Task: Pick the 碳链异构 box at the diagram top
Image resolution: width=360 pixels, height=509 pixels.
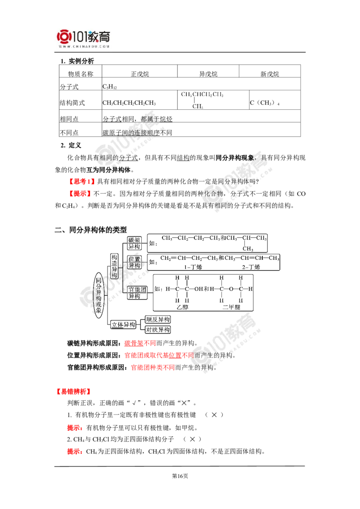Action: (135, 242)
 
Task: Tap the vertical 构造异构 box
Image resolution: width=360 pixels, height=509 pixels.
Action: (114, 266)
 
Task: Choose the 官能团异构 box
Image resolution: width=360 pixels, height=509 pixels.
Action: (137, 292)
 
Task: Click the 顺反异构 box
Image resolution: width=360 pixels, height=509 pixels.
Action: (158, 320)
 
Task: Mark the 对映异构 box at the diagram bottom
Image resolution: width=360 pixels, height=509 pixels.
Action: (158, 329)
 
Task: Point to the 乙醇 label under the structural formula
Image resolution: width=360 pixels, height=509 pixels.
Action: (182, 308)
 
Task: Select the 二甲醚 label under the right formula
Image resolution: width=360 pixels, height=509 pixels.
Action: (234, 307)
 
